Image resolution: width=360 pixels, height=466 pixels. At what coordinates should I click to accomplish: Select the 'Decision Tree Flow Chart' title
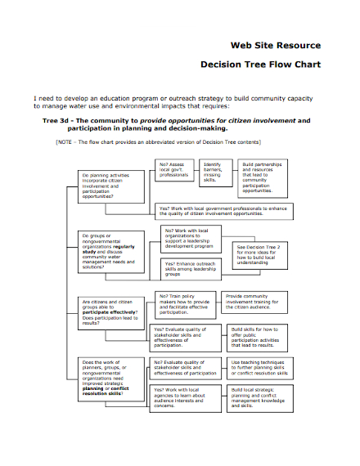260,64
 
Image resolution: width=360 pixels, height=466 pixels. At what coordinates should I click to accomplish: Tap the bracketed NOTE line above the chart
173,141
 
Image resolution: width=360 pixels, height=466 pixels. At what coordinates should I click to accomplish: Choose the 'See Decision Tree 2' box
261,254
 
